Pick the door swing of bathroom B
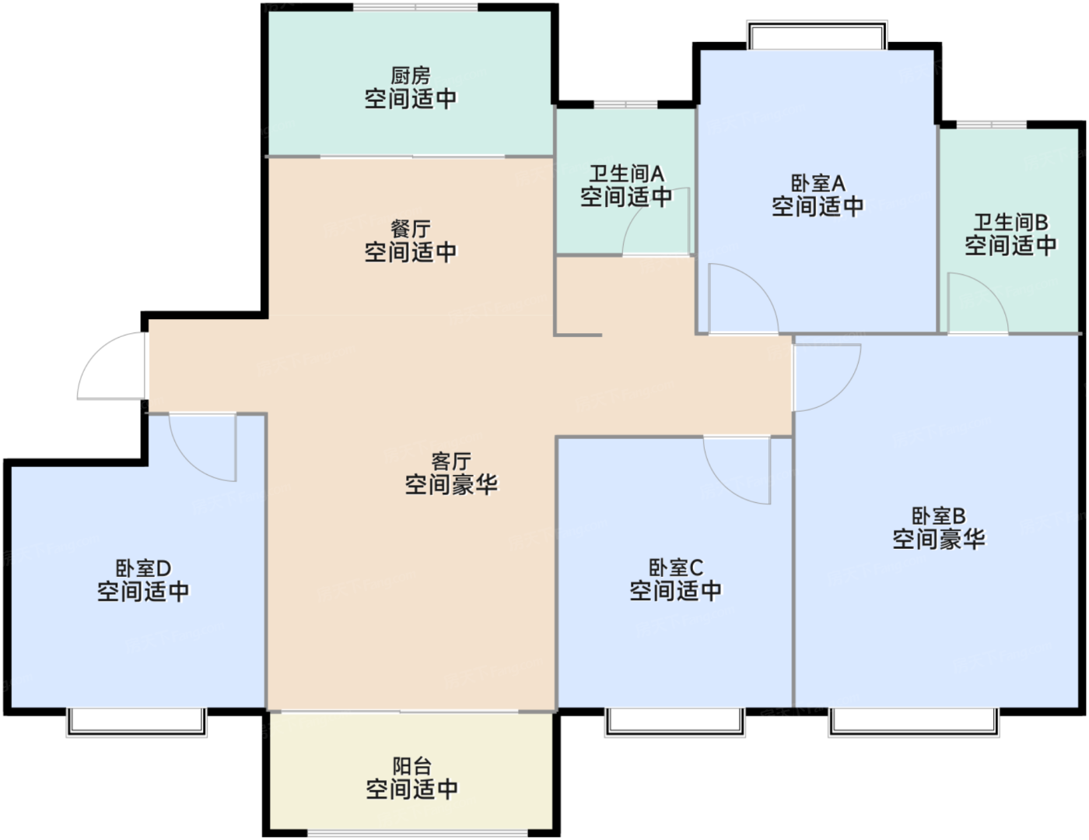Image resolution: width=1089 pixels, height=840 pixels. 976,305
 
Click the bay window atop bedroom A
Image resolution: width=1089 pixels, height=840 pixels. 817,36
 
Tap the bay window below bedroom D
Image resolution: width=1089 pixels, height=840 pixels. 136,722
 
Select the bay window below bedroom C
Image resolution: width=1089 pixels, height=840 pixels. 674,722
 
